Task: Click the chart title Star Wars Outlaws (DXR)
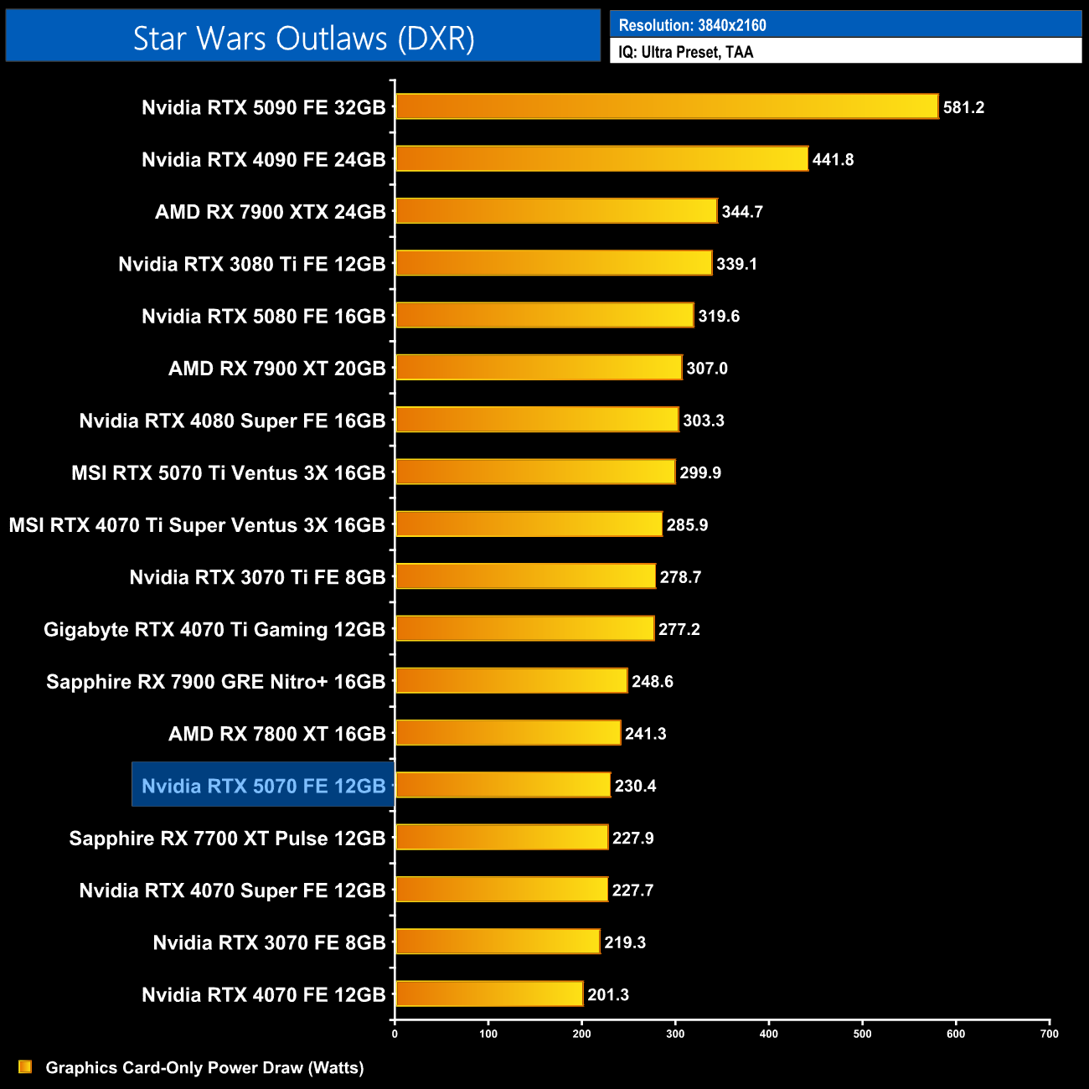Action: [303, 39]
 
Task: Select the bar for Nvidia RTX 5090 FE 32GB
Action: [666, 107]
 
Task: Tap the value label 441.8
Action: [833, 160]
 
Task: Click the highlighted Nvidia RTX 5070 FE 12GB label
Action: [263, 786]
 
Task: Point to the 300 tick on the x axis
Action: [675, 1033]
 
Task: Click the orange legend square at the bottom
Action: [25, 1067]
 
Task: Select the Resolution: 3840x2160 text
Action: [692, 25]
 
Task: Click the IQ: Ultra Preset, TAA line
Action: [686, 52]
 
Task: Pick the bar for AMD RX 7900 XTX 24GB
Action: [556, 211]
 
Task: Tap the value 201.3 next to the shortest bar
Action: [608, 995]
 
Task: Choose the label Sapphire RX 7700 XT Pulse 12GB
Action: [227, 839]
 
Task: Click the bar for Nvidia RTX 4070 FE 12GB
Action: [489, 994]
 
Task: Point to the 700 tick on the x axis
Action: [1049, 1033]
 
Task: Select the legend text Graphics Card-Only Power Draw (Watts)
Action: [204, 1068]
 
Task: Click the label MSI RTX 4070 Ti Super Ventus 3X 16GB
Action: [197, 525]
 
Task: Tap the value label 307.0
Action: [707, 369]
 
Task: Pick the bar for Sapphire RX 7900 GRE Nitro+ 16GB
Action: [511, 681]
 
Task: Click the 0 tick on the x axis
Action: [395, 1033]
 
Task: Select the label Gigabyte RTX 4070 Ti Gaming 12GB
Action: [214, 630]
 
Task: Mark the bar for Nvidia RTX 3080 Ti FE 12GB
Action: [554, 264]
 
